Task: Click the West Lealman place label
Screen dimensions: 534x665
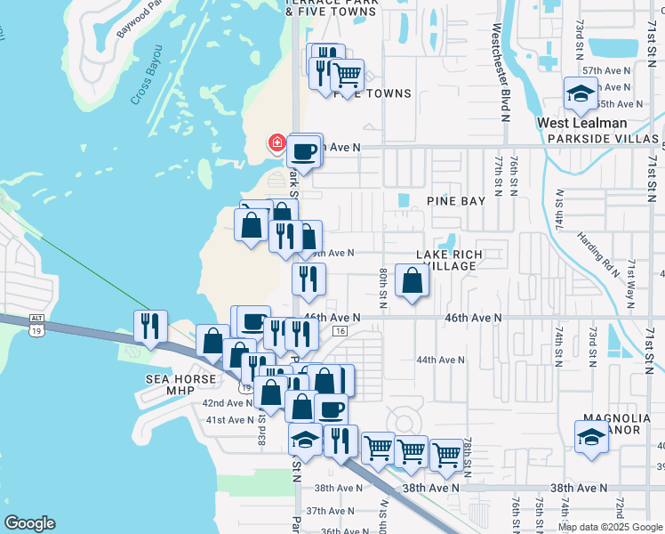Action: tap(581, 124)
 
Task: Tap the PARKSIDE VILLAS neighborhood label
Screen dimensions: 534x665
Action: tap(605, 140)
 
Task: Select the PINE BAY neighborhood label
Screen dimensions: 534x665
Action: tap(456, 201)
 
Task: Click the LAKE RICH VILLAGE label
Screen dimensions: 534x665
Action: tap(449, 260)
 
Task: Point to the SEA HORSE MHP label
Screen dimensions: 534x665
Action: tap(181, 379)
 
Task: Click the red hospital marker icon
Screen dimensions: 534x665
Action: tap(277, 142)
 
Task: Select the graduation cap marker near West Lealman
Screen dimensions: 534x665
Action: tap(581, 93)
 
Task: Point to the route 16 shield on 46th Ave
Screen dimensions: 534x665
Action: tap(341, 331)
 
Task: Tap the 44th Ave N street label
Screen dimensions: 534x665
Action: tap(441, 360)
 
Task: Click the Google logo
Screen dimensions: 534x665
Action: tap(29, 523)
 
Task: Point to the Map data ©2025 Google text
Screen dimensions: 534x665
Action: tap(610, 527)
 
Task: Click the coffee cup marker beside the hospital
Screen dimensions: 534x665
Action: tap(304, 151)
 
